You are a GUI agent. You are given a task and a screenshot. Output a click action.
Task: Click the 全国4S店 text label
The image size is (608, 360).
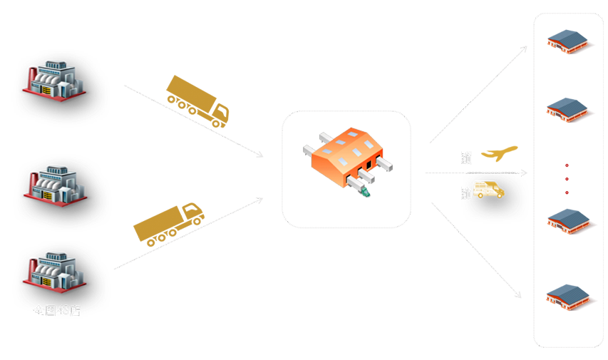pyautogui.click(x=56, y=310)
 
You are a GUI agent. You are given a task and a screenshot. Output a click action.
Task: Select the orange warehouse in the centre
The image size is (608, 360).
pyautogui.click(x=345, y=157)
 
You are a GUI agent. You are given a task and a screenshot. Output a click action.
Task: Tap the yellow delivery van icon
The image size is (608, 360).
pyautogui.click(x=488, y=190)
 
